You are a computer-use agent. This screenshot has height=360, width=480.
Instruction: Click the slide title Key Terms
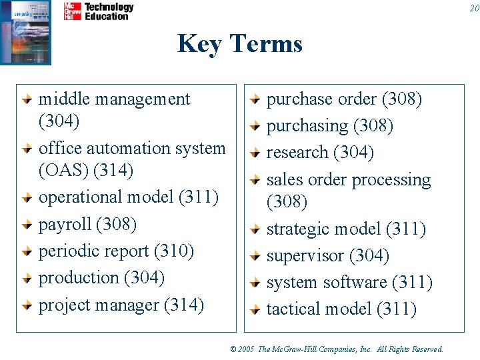tap(240, 44)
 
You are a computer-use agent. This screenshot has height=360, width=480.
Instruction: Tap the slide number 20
tap(473, 8)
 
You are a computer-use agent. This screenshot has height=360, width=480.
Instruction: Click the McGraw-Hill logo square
tap(73, 11)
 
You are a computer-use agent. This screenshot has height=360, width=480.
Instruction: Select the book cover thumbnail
tap(25, 32)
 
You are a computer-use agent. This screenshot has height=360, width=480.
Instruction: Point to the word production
tap(73, 277)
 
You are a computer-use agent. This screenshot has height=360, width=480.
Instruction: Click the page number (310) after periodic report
tap(174, 251)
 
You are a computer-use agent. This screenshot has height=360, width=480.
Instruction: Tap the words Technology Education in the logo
tap(108, 11)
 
